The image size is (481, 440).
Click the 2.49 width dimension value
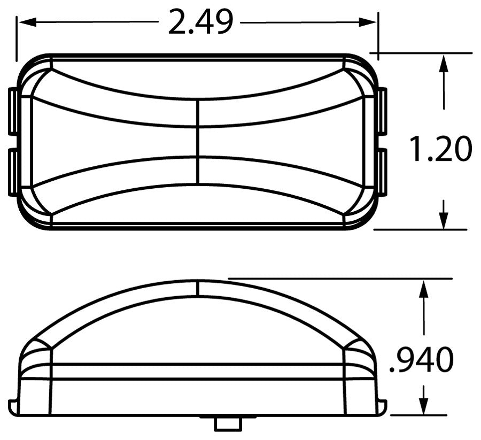point(201,23)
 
